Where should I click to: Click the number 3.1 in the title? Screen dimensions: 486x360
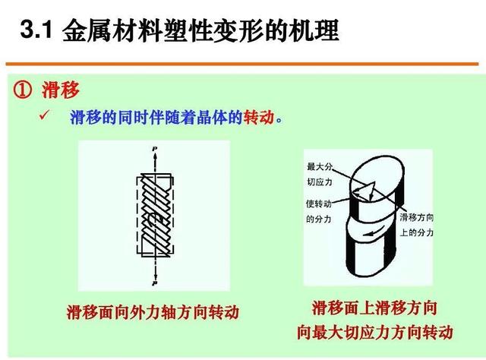tap(36, 30)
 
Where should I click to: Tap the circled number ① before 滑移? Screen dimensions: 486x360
tap(22, 90)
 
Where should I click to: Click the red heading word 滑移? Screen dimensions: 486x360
tap(61, 90)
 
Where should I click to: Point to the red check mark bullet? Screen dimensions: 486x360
tap(44, 115)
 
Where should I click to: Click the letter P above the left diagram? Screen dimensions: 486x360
tap(155, 149)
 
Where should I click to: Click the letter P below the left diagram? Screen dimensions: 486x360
tap(155, 283)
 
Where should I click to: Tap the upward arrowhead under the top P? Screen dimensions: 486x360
tap(155, 156)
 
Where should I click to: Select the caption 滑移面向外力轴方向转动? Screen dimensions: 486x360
tap(153, 312)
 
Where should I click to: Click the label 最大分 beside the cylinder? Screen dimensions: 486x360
tap(320, 167)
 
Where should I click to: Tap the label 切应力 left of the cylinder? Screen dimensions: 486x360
tap(320, 182)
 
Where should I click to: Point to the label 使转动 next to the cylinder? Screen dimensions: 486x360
tap(319, 204)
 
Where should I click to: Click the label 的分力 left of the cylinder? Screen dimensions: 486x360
tap(319, 219)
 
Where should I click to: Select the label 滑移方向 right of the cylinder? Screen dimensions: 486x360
tap(417, 217)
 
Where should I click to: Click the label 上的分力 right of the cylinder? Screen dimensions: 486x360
tap(417, 232)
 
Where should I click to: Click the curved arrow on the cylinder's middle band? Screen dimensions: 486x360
tap(374, 231)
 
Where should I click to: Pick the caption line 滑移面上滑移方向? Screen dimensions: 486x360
tap(374, 308)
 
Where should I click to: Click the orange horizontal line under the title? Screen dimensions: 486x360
tap(242, 65)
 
